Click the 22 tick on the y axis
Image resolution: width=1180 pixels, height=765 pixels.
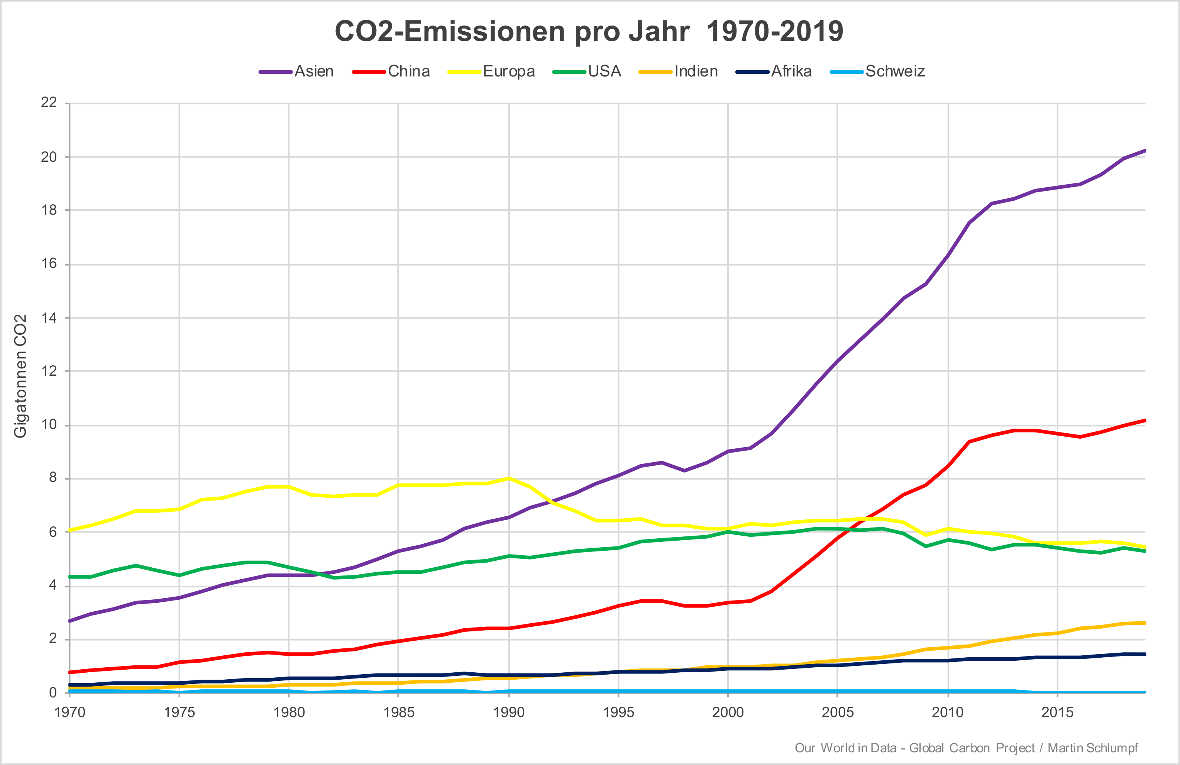click(x=49, y=103)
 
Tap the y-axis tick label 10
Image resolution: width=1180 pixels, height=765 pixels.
click(x=49, y=425)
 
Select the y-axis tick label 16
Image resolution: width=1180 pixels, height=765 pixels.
click(x=49, y=263)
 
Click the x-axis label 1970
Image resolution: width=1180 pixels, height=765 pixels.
click(x=70, y=713)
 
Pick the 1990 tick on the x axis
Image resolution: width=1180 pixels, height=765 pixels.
click(x=509, y=713)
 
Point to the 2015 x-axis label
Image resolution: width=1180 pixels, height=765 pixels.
click(x=1058, y=713)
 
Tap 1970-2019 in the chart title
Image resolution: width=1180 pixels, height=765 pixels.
click(x=774, y=31)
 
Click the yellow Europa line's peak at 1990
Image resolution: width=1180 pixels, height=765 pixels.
click(x=509, y=478)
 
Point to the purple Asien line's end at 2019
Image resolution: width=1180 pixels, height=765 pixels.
click(x=1144, y=150)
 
